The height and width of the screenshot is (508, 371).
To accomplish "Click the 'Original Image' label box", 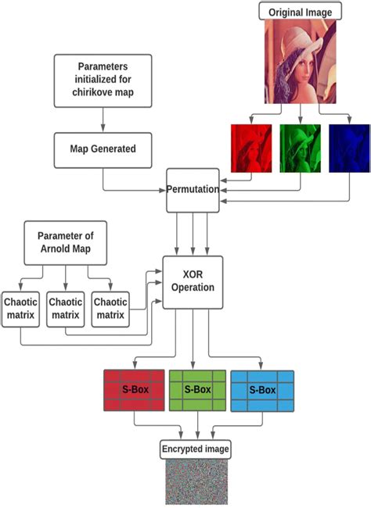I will (x=301, y=12).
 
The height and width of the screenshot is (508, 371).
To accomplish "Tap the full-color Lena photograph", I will (x=301, y=62).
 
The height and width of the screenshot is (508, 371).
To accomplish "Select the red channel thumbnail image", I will (x=250, y=148).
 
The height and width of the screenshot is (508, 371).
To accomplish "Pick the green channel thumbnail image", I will (x=300, y=148).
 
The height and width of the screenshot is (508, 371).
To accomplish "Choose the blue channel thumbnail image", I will (x=348, y=148).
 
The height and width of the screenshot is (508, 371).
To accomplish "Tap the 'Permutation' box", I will (x=192, y=189).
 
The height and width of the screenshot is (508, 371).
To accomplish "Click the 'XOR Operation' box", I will (x=192, y=281).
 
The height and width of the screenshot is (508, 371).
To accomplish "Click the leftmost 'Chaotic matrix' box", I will (x=21, y=309).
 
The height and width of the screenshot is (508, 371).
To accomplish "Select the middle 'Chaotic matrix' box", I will (x=66, y=309).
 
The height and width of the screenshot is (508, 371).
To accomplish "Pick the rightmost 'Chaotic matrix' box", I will (x=110, y=309).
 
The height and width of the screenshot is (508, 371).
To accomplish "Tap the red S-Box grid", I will (x=134, y=390).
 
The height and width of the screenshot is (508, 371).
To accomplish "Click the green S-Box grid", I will (x=197, y=390).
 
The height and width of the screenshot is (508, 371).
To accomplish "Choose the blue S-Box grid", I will (x=262, y=390).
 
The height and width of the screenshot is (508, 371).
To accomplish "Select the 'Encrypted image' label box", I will (x=196, y=449).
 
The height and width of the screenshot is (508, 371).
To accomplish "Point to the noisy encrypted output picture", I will (x=196, y=482).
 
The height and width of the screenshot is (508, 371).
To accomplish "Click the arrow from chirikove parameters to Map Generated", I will (x=104, y=120).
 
